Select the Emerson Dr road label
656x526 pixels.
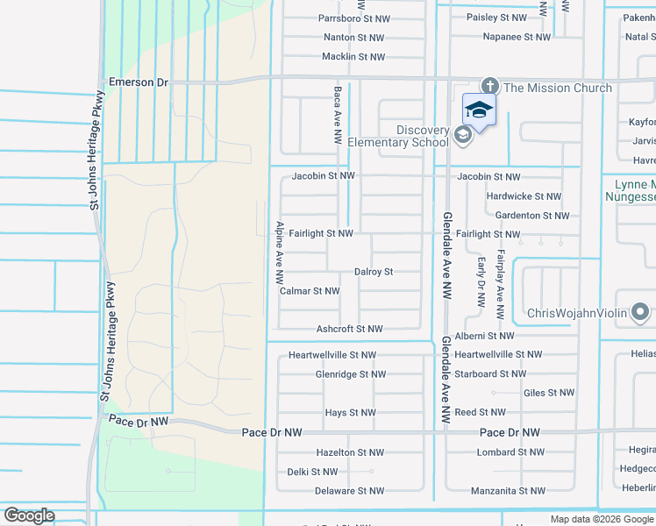click(138, 81)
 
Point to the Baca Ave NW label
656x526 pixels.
click(337, 115)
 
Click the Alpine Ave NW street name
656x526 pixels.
click(280, 252)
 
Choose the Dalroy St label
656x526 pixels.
click(374, 273)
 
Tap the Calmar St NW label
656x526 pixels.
click(310, 291)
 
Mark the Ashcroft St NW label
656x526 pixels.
click(349, 330)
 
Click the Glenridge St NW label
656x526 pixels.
click(351, 374)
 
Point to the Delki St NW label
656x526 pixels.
click(311, 472)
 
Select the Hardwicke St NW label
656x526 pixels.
click(524, 196)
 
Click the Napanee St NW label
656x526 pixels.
click(517, 38)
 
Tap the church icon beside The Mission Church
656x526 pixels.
click(489, 86)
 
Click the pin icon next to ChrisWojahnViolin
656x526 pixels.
click(640, 312)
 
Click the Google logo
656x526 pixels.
click(29, 515)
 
